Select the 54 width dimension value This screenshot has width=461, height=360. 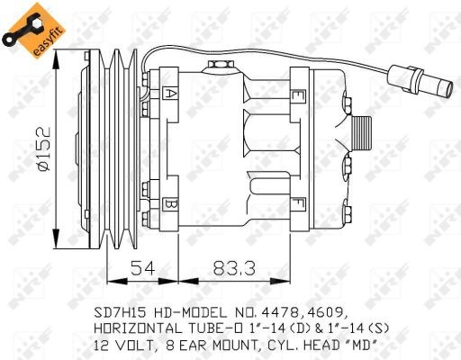(142, 267)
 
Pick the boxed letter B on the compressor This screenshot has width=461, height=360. (170, 203)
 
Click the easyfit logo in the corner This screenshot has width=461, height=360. (25, 27)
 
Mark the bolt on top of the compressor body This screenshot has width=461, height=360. (217, 65)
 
